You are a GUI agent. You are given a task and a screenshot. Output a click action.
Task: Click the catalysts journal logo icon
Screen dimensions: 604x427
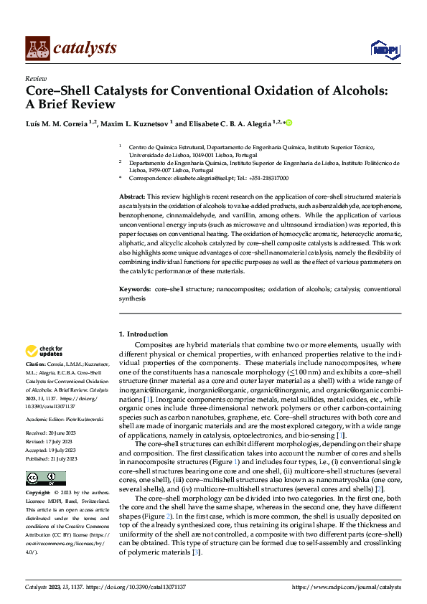(37, 47)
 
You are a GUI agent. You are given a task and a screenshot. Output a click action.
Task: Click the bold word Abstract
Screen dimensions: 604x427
(132, 196)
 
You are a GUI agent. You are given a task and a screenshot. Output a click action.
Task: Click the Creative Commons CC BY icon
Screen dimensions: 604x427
(41, 477)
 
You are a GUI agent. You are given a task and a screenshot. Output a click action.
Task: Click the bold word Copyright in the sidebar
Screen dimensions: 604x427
(39, 494)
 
